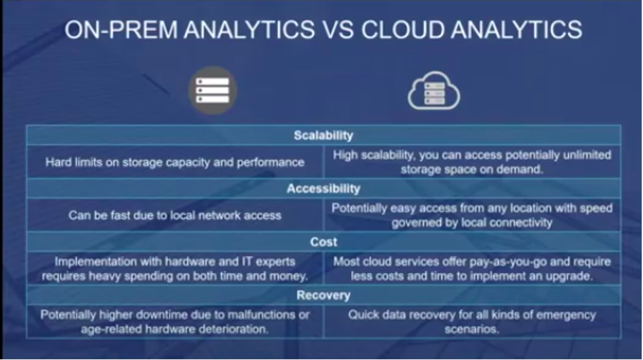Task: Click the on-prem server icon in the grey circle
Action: click(x=213, y=90)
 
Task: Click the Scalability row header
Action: click(x=323, y=136)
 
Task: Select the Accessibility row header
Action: click(x=323, y=189)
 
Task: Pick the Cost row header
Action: click(x=323, y=242)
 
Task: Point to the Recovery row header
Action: click(x=323, y=296)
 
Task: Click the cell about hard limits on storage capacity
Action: click(x=175, y=162)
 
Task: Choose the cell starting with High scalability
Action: click(x=472, y=162)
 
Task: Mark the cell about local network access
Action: click(x=175, y=215)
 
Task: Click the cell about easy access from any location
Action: click(x=472, y=215)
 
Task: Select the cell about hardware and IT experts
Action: click(x=175, y=269)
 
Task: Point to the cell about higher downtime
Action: click(x=175, y=322)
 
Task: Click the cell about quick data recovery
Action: click(x=472, y=322)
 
